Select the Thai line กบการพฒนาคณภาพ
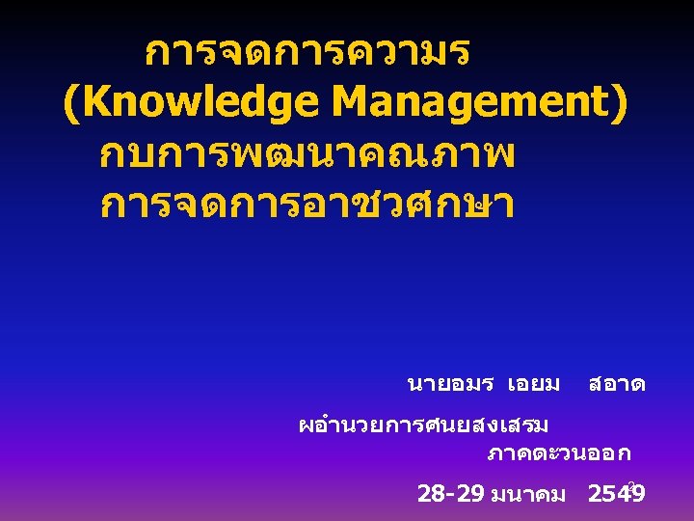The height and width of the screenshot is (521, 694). (x=307, y=154)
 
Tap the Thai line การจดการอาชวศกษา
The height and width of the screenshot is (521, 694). (x=307, y=204)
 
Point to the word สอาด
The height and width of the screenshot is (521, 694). (x=617, y=384)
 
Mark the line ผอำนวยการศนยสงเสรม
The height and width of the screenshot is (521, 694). (x=423, y=424)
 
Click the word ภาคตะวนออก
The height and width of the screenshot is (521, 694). (x=559, y=452)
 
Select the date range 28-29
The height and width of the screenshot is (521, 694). (x=451, y=495)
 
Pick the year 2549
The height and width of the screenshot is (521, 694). (x=616, y=495)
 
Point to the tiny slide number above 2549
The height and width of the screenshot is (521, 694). (x=631, y=484)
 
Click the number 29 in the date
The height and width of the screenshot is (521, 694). (x=470, y=495)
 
